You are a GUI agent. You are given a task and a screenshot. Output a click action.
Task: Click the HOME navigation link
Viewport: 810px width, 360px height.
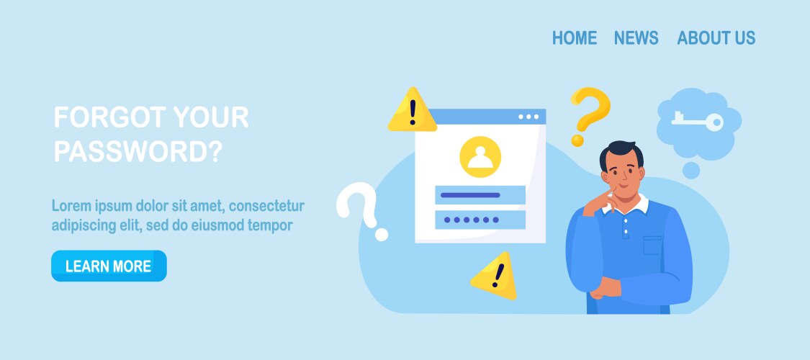point(575,37)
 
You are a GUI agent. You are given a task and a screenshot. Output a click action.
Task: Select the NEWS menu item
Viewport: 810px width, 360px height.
point(636,37)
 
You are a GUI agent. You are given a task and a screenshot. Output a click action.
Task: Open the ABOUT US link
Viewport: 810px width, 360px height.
point(716,37)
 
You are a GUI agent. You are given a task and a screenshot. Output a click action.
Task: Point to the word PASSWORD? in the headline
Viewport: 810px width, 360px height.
point(138,151)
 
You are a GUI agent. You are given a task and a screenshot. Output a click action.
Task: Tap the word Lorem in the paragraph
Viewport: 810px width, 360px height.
point(71,206)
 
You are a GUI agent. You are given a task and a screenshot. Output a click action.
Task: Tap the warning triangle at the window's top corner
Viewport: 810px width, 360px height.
point(413,110)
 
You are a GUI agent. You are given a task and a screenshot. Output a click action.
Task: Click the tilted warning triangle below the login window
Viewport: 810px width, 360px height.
point(495,276)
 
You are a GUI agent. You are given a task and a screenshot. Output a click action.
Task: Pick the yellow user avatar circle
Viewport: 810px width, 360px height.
point(480,157)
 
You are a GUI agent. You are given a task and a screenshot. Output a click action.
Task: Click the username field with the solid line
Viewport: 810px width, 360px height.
point(480,195)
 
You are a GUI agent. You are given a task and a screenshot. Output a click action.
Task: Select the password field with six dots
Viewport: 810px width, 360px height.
point(480,220)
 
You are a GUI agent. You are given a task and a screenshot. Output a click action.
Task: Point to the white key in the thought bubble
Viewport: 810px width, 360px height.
point(697,122)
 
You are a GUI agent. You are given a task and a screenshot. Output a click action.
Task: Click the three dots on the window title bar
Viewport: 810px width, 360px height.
point(528,117)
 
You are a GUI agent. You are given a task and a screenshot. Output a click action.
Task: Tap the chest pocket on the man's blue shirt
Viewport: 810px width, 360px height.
point(652,246)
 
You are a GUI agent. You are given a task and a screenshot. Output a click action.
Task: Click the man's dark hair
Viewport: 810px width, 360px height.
point(621,152)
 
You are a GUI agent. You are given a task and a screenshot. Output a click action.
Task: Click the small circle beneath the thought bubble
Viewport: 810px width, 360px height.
point(691,171)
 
